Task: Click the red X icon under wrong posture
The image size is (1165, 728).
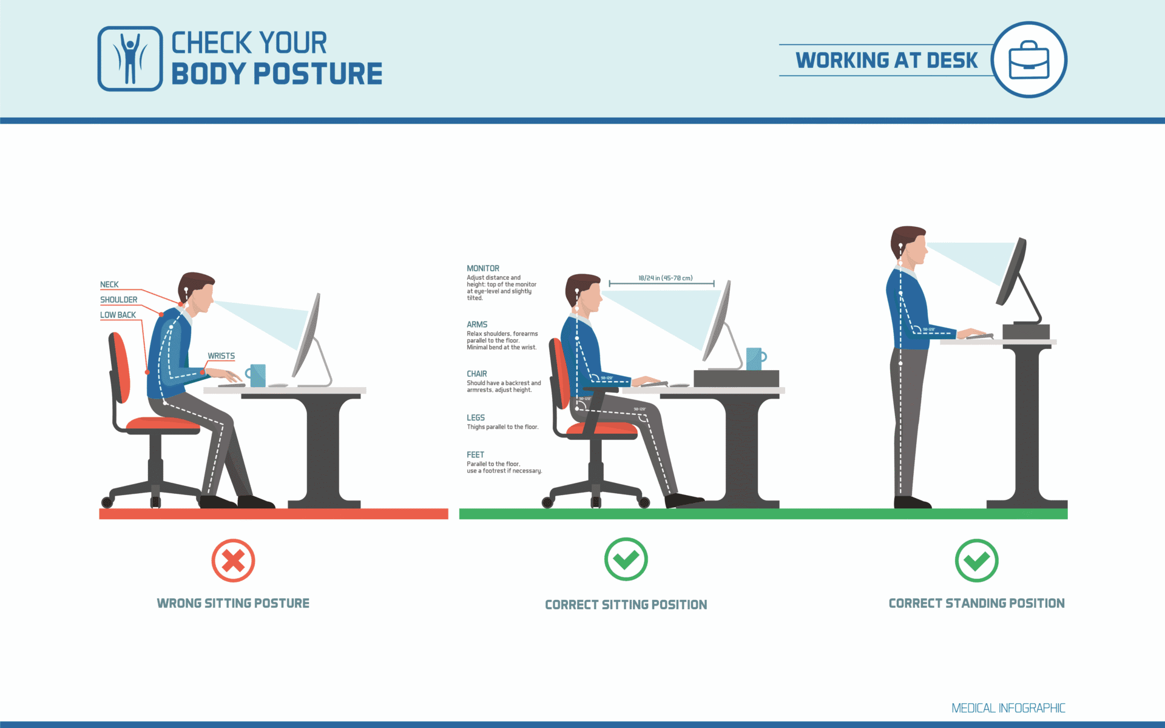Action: [233, 561]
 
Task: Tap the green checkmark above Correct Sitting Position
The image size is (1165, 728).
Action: [626, 559]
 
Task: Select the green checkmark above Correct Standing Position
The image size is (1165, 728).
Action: [976, 560]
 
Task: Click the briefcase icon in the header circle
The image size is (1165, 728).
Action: [1028, 60]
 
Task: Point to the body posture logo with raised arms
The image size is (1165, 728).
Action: [130, 59]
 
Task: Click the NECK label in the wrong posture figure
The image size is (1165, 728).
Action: [109, 285]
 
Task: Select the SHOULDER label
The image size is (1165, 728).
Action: [118, 300]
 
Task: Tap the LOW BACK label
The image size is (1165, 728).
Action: [118, 315]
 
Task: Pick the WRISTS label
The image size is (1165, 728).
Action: [221, 356]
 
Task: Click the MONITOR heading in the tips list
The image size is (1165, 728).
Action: [483, 268]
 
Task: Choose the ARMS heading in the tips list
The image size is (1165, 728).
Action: [477, 325]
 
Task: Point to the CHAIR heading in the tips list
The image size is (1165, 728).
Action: [477, 374]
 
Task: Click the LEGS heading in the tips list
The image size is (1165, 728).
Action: [476, 417]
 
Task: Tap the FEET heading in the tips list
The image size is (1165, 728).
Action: [475, 454]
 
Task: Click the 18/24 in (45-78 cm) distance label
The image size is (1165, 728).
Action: [665, 278]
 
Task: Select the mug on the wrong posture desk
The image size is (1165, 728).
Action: [257, 375]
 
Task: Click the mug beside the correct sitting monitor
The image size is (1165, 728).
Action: [754, 359]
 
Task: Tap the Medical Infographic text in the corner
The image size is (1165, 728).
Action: [1008, 708]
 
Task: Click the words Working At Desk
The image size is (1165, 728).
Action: [886, 60]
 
